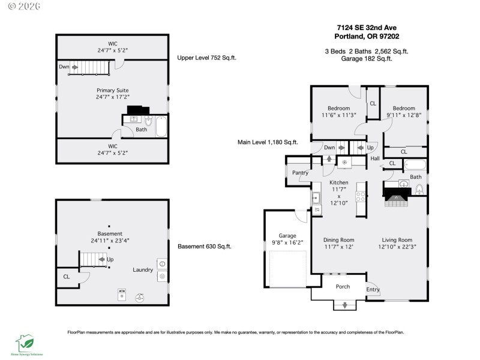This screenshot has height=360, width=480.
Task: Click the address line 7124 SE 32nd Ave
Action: (x=367, y=27)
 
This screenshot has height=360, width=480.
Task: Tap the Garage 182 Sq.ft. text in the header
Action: (x=367, y=58)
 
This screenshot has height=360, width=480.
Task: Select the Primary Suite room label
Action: (x=112, y=90)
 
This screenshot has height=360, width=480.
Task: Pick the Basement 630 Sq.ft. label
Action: (x=205, y=246)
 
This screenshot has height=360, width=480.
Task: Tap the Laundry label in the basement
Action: (x=143, y=270)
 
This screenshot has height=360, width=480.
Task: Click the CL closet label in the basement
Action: (x=66, y=277)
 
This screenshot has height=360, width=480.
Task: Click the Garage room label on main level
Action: (x=287, y=235)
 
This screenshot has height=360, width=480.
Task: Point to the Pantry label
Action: (x=300, y=173)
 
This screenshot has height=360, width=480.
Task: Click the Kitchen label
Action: (x=338, y=182)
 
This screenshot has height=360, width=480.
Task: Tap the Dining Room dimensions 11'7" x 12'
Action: (x=339, y=247)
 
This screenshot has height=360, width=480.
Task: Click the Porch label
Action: (x=343, y=287)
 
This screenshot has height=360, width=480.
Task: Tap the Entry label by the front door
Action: (x=373, y=290)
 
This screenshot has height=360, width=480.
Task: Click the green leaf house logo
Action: (x=24, y=343)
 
